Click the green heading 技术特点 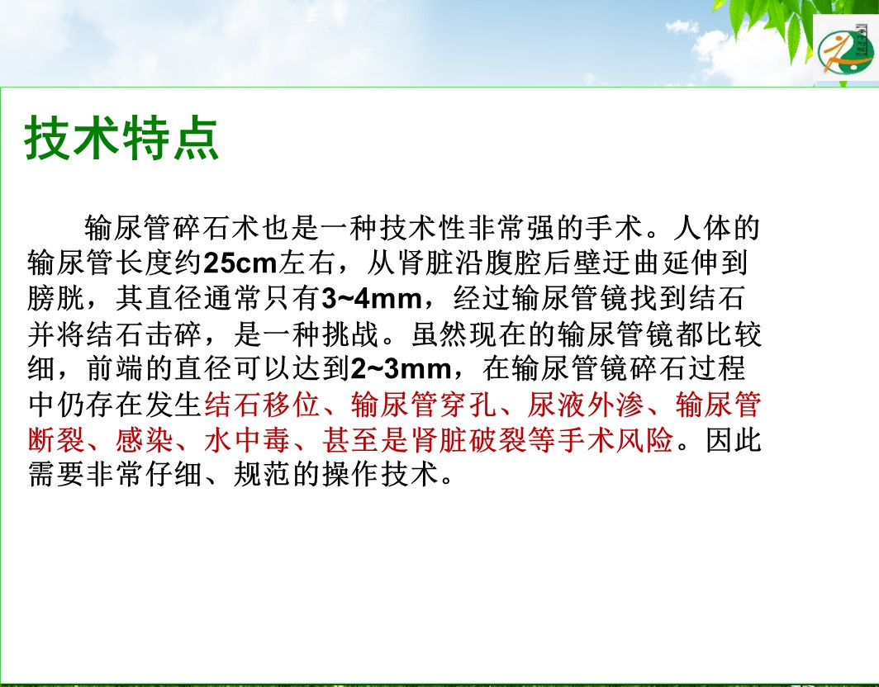pos(121,139)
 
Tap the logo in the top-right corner pos(845,50)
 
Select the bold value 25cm pos(240,263)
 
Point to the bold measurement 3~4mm pos(371,299)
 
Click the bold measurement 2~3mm pos(401,369)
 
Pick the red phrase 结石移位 pos(262,405)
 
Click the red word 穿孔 pos(468,405)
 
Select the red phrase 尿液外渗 pos(585,405)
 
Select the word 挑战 pos(350,334)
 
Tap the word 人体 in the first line pos(703,228)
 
